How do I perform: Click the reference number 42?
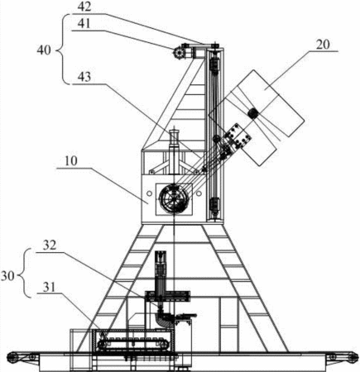(84, 7)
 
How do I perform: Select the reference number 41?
(84, 24)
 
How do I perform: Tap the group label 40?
(44, 50)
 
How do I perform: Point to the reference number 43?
(84, 76)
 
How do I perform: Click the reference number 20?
(323, 45)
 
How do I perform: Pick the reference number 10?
(71, 161)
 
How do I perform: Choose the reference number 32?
(50, 245)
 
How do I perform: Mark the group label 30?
(7, 276)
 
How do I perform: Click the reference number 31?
(49, 288)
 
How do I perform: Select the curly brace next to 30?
(26, 273)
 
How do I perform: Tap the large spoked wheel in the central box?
(174, 198)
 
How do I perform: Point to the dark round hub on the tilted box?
(252, 113)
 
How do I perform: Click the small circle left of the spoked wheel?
(149, 193)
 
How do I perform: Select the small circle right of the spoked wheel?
(199, 194)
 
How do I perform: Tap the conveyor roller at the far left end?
(12, 357)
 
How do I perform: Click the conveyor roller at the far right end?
(353, 357)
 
